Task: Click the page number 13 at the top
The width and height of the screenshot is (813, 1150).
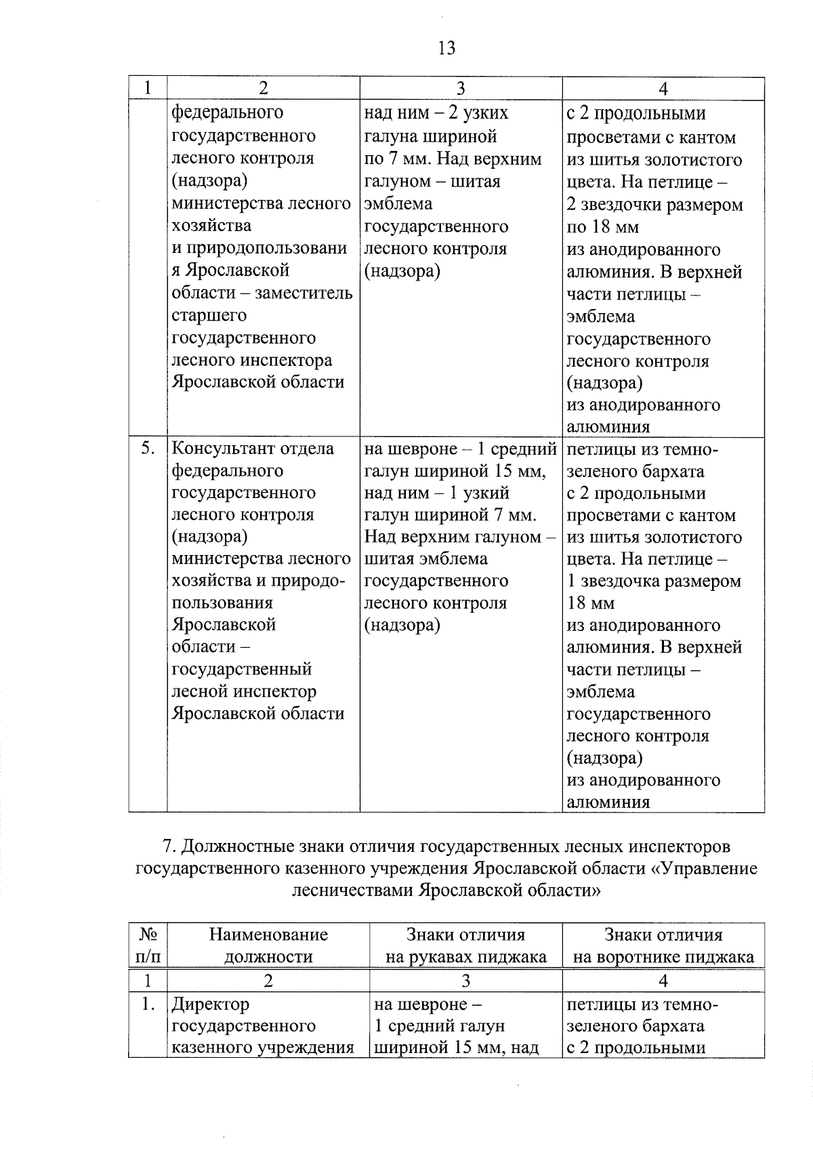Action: pos(446,48)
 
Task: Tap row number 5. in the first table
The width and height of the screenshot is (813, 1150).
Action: pos(148,449)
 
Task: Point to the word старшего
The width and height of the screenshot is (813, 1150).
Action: pos(209,316)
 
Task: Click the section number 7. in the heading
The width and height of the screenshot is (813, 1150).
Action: pos(170,846)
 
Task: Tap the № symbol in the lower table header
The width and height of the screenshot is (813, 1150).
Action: pos(148,935)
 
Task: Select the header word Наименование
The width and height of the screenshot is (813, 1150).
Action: pos(268,935)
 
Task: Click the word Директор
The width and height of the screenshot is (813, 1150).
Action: pos(210,1004)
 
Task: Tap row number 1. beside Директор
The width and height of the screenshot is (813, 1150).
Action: pos(148,1004)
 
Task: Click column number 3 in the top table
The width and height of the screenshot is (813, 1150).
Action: pos(461,89)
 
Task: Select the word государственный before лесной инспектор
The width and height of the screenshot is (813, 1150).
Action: pos(242,670)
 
